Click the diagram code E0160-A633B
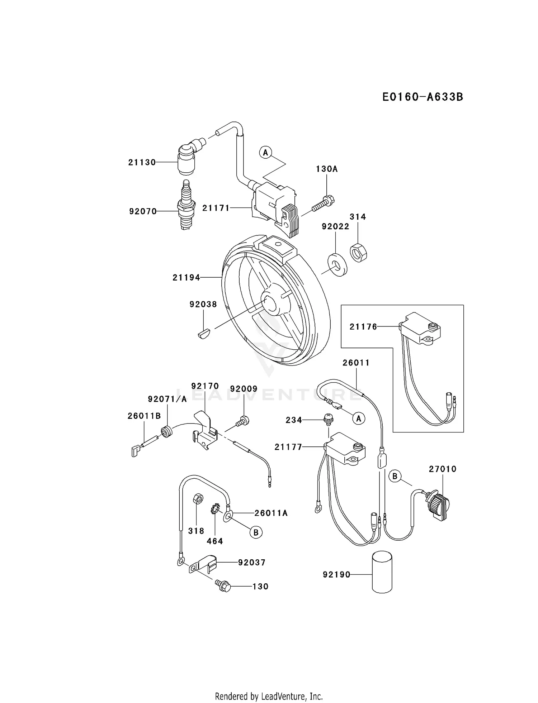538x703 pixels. [423, 97]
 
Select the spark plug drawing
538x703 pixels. [186, 205]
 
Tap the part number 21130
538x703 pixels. [142, 162]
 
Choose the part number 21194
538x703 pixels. [186, 277]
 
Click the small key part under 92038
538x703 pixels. [203, 334]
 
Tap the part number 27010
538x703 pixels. [443, 469]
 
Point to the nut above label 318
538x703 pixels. [197, 498]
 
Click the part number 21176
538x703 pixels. [363, 326]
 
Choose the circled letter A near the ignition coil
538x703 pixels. [265, 153]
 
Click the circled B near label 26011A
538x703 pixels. [256, 532]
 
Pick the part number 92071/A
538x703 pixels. [167, 399]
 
